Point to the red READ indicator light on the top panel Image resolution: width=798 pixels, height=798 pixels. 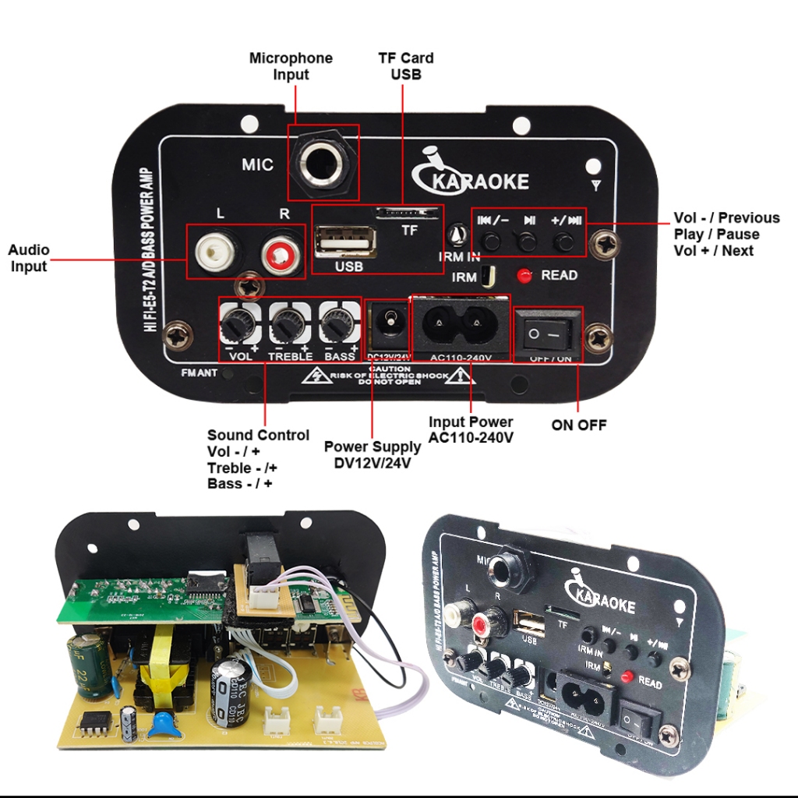pos(524,275)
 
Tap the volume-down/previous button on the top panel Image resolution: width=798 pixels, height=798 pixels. pos(491,241)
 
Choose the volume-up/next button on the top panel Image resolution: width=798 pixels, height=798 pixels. pos(564,241)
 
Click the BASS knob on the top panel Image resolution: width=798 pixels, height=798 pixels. pos(337,322)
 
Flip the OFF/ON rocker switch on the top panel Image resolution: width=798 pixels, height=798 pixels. pos(547,333)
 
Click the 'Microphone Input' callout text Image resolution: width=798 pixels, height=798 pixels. pos(291,66)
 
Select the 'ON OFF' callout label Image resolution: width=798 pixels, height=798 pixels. pos(578,425)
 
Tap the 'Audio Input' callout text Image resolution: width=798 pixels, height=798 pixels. pos(29,258)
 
